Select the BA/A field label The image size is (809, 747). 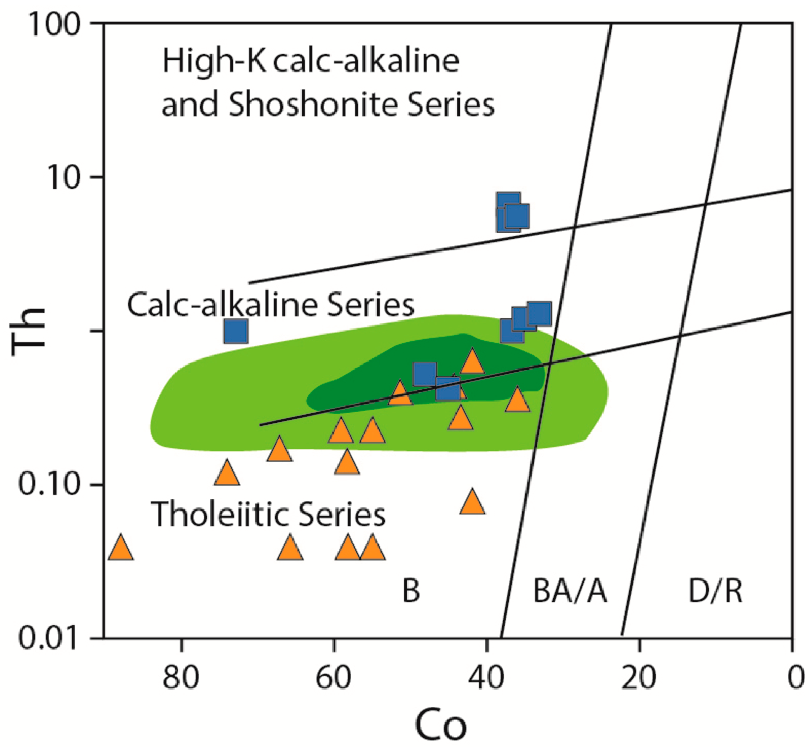pyautogui.click(x=570, y=591)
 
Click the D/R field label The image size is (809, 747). pyautogui.click(x=715, y=591)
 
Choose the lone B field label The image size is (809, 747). pyautogui.click(x=411, y=591)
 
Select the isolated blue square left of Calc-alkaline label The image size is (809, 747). pyautogui.click(x=236, y=331)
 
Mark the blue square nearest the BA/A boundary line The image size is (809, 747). pyautogui.click(x=540, y=313)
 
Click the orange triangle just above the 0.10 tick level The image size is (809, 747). pyautogui.click(x=227, y=473)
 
